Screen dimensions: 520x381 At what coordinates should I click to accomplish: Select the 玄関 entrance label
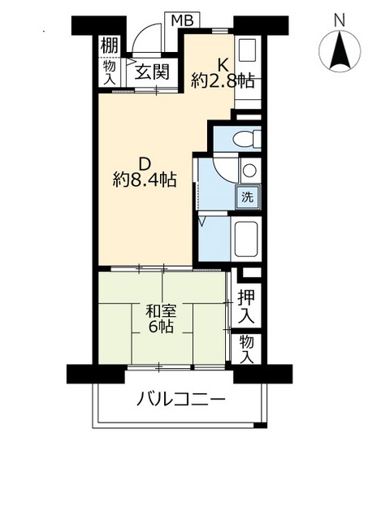pos(151,72)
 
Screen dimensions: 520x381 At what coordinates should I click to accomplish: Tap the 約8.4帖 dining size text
pos(145,179)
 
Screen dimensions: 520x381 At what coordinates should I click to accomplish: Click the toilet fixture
pos(245,139)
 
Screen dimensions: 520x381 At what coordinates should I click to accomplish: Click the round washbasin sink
pos(249,171)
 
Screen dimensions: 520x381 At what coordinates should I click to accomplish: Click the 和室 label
pos(161,311)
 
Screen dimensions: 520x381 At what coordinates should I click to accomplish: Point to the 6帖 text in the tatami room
pos(161,328)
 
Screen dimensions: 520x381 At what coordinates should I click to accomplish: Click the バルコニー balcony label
pos(180,400)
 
